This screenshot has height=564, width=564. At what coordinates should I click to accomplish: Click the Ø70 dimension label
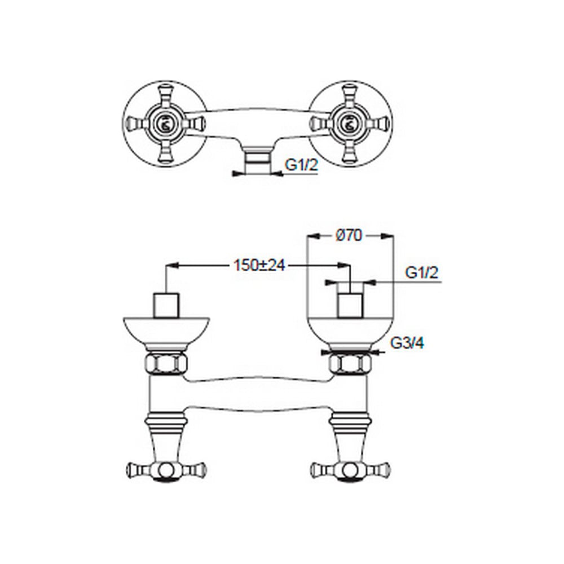349,236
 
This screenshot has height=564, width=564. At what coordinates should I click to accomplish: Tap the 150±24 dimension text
259,266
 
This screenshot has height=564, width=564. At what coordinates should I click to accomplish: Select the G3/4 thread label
407,343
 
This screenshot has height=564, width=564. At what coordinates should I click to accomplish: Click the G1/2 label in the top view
301,165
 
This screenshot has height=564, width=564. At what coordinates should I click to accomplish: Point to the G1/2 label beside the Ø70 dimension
422,272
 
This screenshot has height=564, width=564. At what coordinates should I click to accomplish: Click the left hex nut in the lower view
166,363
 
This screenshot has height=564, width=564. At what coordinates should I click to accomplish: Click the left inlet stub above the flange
166,306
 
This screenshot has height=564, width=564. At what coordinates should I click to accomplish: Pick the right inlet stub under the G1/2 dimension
350,306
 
